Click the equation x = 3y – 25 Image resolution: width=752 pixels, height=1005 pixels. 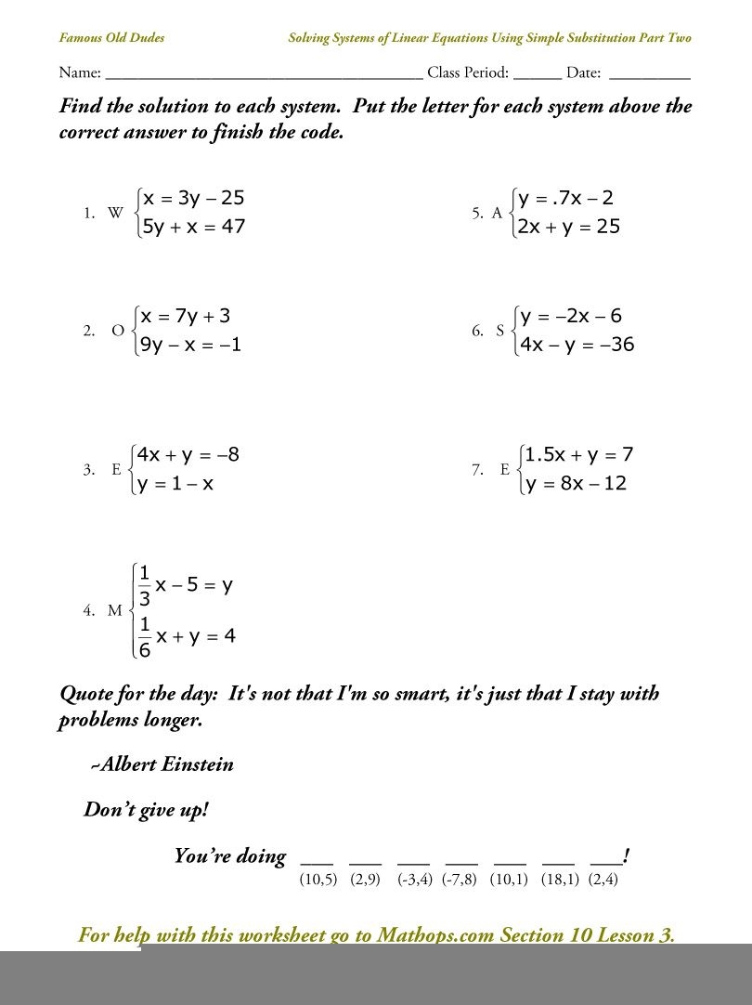[x=193, y=198]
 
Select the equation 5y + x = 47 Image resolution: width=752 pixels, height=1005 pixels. [x=193, y=226]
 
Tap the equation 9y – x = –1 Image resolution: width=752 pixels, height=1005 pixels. [x=190, y=346]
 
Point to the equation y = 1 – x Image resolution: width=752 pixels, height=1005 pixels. [x=175, y=483]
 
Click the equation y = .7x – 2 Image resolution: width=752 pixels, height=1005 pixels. [x=566, y=198]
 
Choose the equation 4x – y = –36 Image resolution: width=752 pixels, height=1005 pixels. [x=577, y=345]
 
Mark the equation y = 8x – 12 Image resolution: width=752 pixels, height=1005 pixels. [x=575, y=483]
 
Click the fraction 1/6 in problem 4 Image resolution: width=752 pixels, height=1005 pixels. [x=145, y=637]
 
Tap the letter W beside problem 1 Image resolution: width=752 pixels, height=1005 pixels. [x=115, y=213]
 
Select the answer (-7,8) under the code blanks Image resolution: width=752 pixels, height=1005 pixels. [x=459, y=880]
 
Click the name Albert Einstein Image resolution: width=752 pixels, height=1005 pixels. [x=166, y=764]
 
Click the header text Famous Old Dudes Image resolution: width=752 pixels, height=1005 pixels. [x=112, y=38]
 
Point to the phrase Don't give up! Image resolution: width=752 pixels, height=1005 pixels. [x=147, y=809]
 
